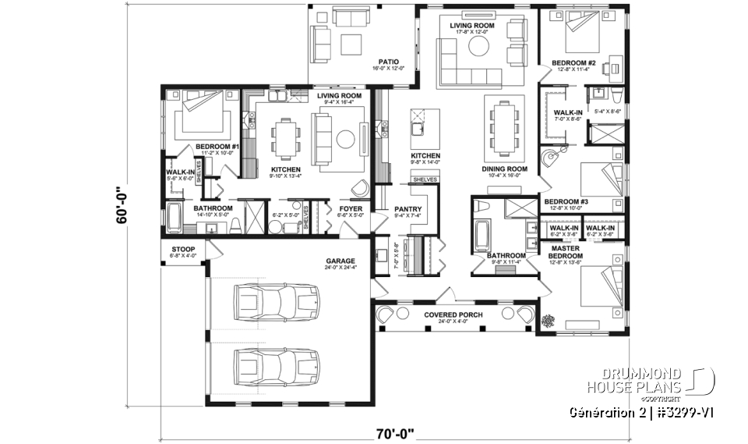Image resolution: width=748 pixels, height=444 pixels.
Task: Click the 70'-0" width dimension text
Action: pos(395,432)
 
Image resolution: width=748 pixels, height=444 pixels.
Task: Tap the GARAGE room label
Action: pos(340,261)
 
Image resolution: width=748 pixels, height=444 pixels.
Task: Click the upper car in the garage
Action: pos(277,301)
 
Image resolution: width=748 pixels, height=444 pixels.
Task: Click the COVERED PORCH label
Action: pos(453,314)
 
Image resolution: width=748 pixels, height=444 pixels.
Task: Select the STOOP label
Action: pos(183,250)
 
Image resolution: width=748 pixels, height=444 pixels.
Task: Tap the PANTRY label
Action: pos(408,209)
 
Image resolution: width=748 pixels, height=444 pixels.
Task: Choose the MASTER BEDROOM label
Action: pos(565,251)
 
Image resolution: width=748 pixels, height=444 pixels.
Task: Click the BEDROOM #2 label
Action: pos(573,62)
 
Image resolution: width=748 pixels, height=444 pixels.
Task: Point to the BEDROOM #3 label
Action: pos(565,201)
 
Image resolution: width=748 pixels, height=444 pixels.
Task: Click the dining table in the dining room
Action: pos(502,125)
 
